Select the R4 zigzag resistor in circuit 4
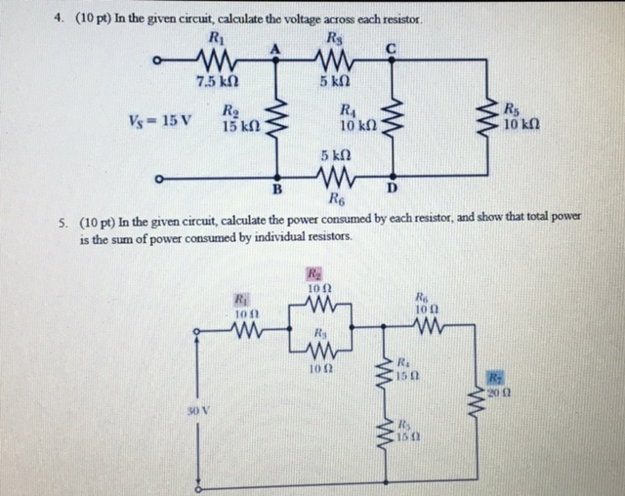393,119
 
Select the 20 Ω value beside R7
497,392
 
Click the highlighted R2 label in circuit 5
315,274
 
